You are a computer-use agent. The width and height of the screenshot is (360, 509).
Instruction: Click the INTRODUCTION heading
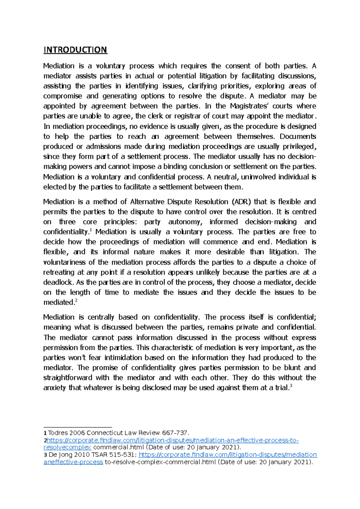[x=75, y=50]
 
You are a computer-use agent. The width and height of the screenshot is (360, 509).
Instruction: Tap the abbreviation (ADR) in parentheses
[x=240, y=202]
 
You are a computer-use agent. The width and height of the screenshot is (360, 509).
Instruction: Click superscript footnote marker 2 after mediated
[x=76, y=301]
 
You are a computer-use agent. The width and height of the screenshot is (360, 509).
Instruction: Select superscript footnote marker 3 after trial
[x=291, y=386]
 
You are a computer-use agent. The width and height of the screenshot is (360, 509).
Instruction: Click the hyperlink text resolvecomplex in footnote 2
[x=67, y=447]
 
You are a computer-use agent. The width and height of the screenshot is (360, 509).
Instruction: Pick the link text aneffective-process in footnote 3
[x=73, y=462]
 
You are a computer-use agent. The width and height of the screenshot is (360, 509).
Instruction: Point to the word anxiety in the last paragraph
[x=54, y=388]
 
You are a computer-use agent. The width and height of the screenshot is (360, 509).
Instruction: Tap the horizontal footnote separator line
[x=77, y=427]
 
